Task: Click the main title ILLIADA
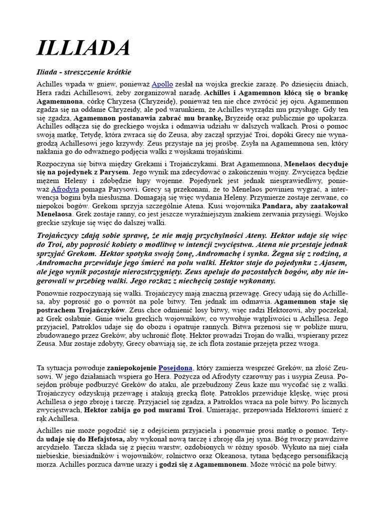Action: click(84, 48)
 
